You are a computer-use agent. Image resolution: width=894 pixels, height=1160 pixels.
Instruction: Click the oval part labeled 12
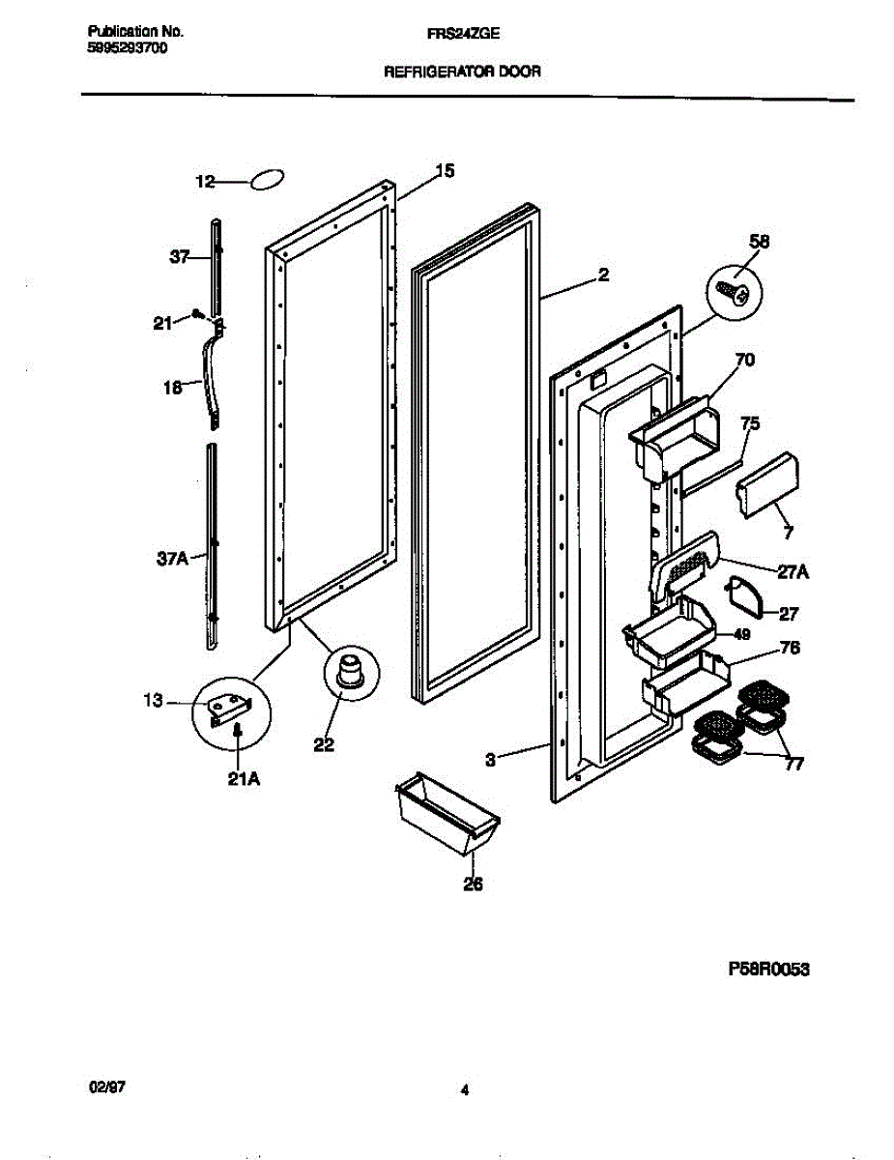(x=268, y=181)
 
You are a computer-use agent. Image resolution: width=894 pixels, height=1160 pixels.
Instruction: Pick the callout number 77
(x=793, y=766)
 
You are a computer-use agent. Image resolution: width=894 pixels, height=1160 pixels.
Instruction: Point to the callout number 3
(x=491, y=761)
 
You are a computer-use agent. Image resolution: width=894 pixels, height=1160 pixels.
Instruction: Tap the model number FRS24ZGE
(x=463, y=31)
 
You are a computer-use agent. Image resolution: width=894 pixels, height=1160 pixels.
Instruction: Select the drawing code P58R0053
(x=763, y=967)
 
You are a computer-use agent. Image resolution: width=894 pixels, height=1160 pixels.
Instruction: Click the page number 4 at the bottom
(x=465, y=1090)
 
